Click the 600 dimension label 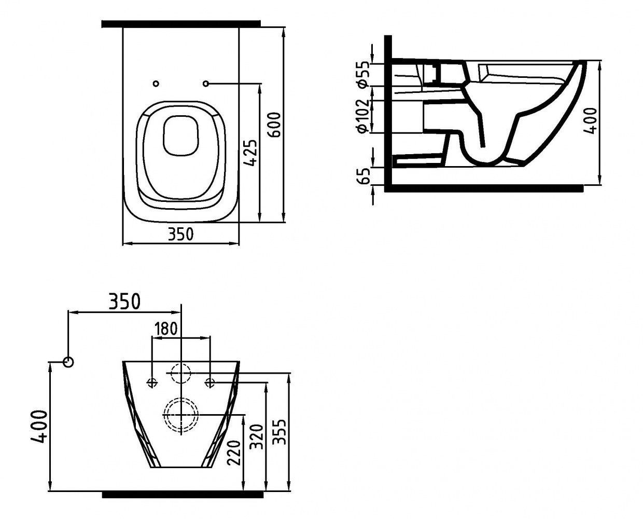point(275,125)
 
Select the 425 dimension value point(250,152)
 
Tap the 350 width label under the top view point(180,234)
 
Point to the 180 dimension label point(166,329)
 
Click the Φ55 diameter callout point(364,75)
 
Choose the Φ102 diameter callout point(364,116)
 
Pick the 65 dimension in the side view point(364,176)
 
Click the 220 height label point(234,453)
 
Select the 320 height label point(257,437)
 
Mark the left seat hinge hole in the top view point(156,84)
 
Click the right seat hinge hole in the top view point(206,84)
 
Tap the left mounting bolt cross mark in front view point(152,382)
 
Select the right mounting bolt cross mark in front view point(209,382)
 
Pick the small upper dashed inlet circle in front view point(180,363)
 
